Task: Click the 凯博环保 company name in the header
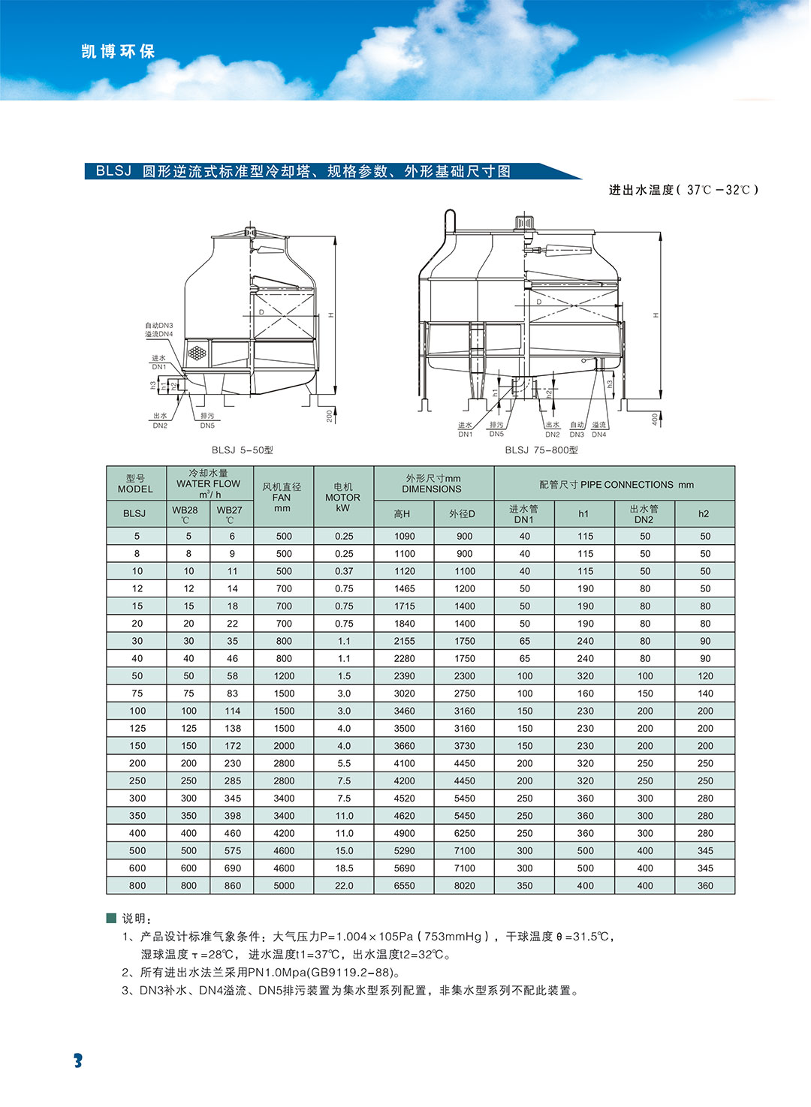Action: click(x=118, y=52)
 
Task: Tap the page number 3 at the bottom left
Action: click(x=77, y=1060)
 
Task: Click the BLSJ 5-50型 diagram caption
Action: click(x=242, y=450)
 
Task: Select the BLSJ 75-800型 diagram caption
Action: click(x=541, y=450)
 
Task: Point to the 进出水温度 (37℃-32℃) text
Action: click(x=683, y=191)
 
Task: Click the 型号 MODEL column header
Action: click(x=135, y=483)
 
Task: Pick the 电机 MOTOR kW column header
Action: click(x=343, y=497)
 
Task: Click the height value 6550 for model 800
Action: click(x=404, y=886)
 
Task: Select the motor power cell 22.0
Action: click(x=344, y=886)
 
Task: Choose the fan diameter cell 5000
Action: click(x=284, y=886)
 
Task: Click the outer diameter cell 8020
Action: click(x=465, y=886)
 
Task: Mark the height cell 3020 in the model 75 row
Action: click(x=404, y=693)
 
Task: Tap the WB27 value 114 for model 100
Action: click(x=233, y=711)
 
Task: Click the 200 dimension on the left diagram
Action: click(x=329, y=415)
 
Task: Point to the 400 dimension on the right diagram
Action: click(x=655, y=419)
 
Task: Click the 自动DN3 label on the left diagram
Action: click(x=158, y=326)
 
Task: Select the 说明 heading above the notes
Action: click(x=137, y=919)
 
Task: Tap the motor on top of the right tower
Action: click(x=523, y=223)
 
